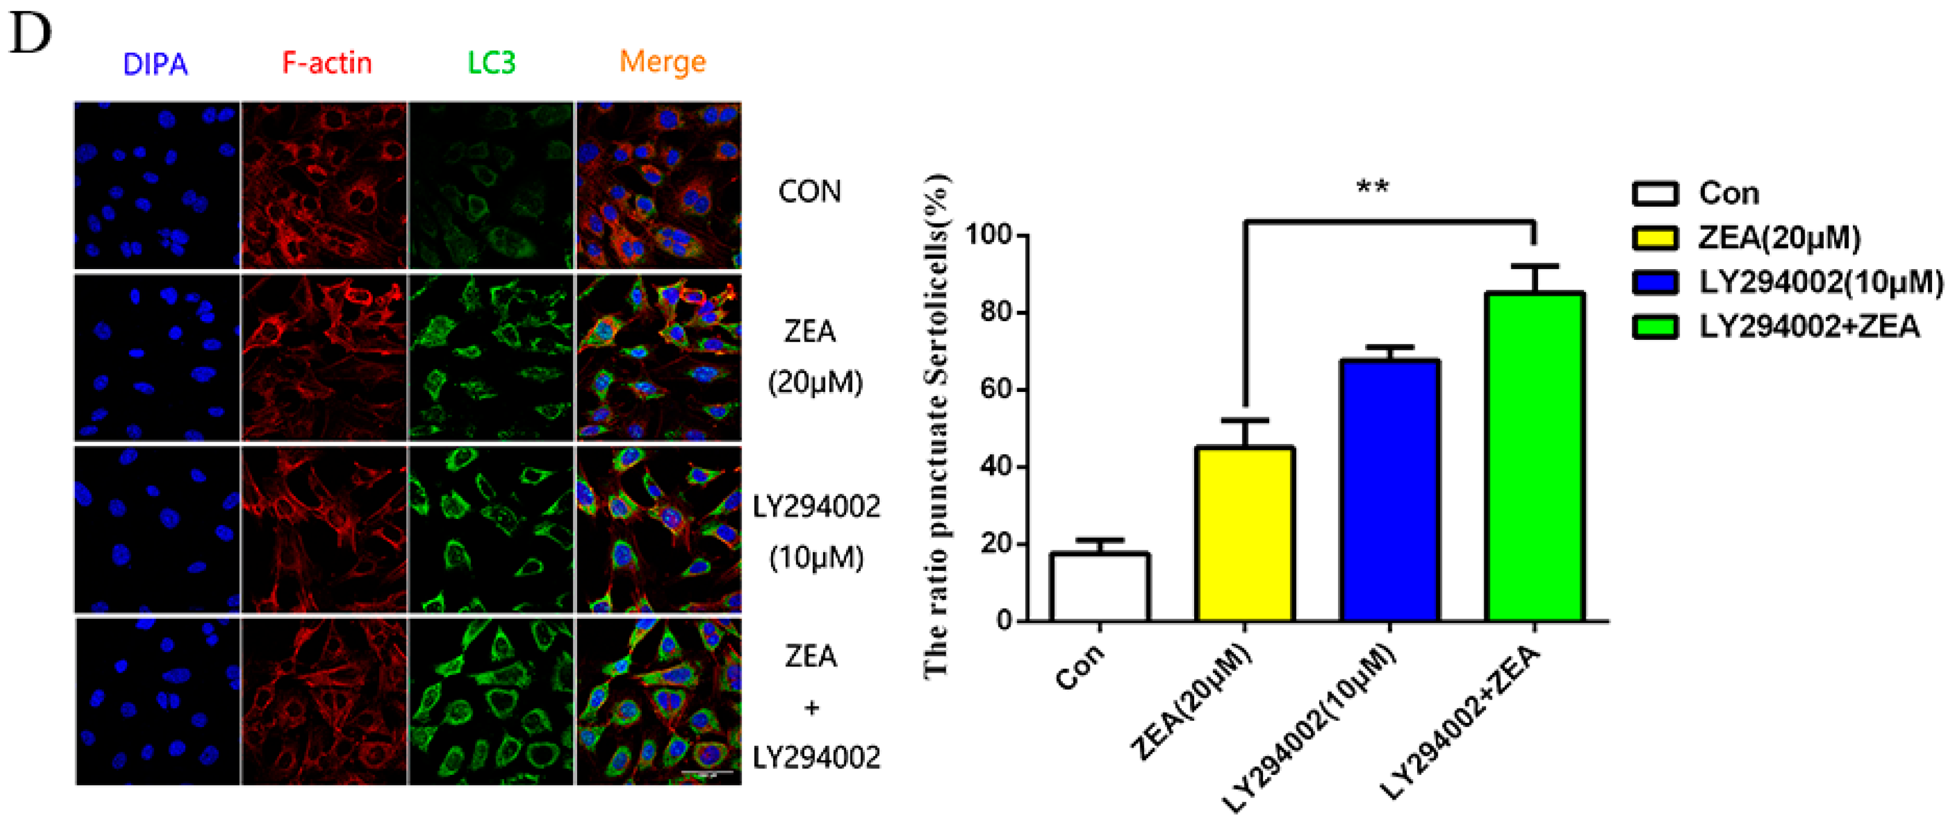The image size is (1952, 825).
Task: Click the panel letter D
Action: [x=30, y=34]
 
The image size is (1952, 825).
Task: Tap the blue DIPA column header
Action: [x=155, y=65]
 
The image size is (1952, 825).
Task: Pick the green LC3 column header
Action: [x=491, y=63]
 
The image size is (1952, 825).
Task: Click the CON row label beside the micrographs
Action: [x=809, y=192]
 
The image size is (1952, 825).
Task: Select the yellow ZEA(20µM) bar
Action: [x=1244, y=534]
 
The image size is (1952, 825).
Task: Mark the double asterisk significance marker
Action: [x=1372, y=187]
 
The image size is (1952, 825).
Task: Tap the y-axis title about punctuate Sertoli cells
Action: [x=937, y=425]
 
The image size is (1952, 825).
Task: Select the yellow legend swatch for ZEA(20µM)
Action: [x=1655, y=238]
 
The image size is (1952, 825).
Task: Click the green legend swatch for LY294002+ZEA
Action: [x=1655, y=327]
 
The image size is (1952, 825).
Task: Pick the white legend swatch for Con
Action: [x=1655, y=194]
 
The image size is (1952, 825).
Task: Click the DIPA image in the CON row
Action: [x=157, y=185]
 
